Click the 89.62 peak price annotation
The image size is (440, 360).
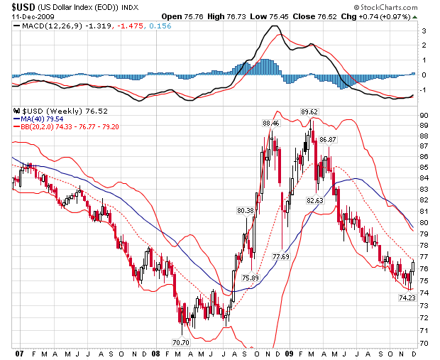[x=308, y=111]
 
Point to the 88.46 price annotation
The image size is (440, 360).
[x=270, y=123]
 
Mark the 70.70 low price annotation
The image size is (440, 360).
[x=182, y=342]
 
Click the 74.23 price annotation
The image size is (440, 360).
[x=407, y=298]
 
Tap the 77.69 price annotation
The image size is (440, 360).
[x=280, y=256]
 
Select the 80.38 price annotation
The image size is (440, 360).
[x=244, y=210]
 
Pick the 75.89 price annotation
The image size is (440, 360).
[x=250, y=278]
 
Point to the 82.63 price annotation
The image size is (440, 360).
[x=314, y=201]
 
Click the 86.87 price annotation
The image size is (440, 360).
[x=326, y=139]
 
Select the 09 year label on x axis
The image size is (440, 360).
[x=288, y=353]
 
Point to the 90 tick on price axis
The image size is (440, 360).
[x=423, y=115]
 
